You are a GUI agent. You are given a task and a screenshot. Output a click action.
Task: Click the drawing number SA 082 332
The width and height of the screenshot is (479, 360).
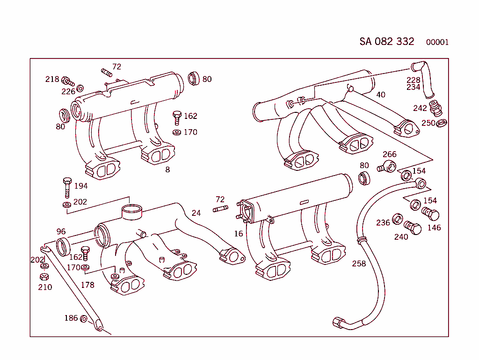[x=386, y=42]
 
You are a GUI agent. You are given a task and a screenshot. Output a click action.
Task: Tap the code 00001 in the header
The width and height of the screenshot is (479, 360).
[x=437, y=42]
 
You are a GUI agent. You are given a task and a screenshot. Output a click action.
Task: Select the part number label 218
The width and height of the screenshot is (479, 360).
[x=52, y=79]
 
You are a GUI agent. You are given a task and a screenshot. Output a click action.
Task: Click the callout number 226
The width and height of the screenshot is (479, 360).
[x=68, y=91]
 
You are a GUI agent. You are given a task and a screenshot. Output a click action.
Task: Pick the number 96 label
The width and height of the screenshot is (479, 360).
[x=61, y=232]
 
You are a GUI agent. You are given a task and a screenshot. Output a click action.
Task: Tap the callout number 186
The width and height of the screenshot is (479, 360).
[x=71, y=318]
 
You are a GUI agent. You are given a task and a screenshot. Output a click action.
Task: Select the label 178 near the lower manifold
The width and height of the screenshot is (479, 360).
[x=87, y=285]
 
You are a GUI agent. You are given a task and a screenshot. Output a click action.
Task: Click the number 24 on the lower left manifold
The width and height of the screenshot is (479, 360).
[x=196, y=213]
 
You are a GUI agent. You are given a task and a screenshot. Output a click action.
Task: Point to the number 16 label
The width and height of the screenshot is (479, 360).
[x=239, y=234]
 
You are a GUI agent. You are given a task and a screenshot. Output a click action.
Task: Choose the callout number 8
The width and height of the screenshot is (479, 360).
[x=167, y=170]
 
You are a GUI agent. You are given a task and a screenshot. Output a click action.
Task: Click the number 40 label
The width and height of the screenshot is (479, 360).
[x=381, y=95]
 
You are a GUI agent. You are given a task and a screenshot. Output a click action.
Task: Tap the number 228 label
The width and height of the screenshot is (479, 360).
[x=413, y=80]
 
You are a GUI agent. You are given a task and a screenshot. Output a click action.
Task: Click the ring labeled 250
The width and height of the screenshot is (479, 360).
[x=442, y=123]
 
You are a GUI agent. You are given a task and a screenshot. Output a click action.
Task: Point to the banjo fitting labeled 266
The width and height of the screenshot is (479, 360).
[x=387, y=165]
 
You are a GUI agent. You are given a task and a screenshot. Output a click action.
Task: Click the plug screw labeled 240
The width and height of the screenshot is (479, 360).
[x=413, y=228]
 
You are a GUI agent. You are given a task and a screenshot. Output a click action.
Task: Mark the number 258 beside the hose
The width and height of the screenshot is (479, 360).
[x=359, y=264]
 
